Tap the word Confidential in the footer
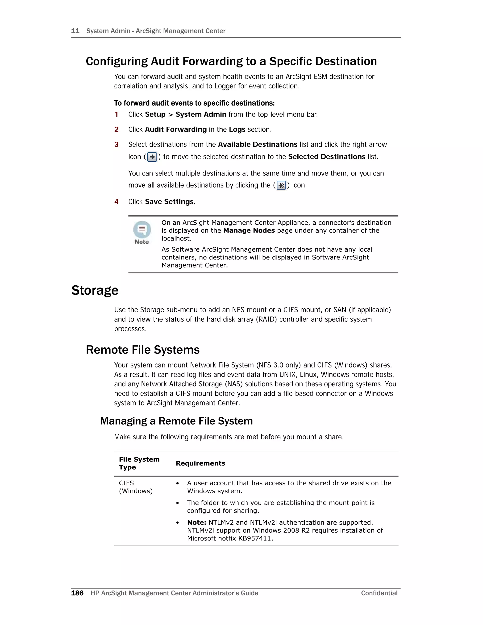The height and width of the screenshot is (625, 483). coord(379,593)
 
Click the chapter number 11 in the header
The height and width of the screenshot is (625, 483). coord(75,31)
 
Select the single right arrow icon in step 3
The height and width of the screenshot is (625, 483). coord(152,157)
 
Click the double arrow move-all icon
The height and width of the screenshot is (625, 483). coord(281,185)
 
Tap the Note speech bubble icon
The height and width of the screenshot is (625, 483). coord(142,229)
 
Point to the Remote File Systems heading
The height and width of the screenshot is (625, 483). coord(142,350)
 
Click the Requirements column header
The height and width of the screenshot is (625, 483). coord(200,463)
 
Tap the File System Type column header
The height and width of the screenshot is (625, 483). coord(139,463)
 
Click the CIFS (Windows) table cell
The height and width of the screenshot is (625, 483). coord(136,487)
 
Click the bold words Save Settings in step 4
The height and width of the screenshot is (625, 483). coord(169,202)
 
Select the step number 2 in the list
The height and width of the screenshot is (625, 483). coord(117,129)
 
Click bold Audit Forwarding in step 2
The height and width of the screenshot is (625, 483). coord(176,129)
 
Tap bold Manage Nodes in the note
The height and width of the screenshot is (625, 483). coord(249,231)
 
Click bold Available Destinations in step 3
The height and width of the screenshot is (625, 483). coord(258,145)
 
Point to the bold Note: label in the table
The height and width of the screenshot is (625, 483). coord(197,523)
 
